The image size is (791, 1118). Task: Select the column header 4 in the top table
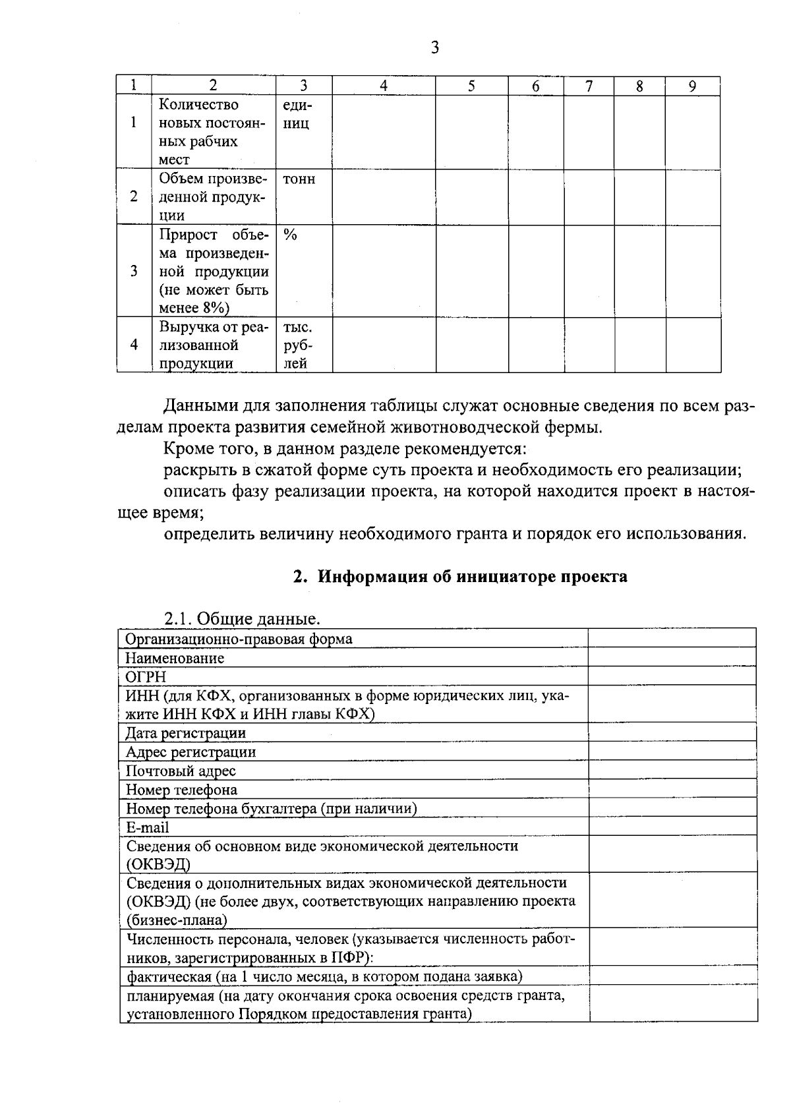tap(383, 86)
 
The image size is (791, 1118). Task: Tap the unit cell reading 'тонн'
tap(299, 179)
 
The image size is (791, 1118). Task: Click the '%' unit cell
tap(290, 235)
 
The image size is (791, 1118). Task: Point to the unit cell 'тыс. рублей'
tap(298, 345)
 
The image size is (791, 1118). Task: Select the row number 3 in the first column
tap(134, 271)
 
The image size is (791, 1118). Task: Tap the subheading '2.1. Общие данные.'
tap(242, 619)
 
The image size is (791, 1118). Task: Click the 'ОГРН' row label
tap(146, 676)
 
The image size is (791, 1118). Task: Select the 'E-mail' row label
tap(148, 827)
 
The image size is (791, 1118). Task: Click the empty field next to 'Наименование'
tap(671, 657)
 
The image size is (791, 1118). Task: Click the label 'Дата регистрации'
tap(186, 732)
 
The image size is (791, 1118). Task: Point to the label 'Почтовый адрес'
tap(181, 771)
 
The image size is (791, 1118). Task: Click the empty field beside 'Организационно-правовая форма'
tap(671, 638)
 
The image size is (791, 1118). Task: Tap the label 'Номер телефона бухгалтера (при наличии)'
tap(271, 808)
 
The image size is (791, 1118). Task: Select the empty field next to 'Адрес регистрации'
tap(671, 751)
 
